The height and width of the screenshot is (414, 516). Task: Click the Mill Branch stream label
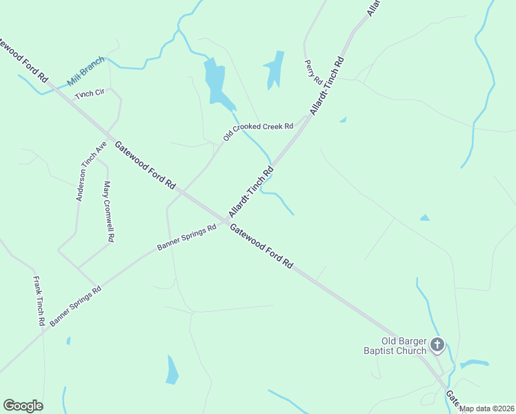point(86,71)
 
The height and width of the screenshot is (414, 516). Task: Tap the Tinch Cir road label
point(89,93)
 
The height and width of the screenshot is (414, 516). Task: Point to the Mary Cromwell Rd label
point(108,211)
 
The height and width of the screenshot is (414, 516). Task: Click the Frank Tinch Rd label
point(39,301)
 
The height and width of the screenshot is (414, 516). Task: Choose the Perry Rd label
point(313,72)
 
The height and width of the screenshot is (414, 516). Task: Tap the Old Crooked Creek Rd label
point(259,131)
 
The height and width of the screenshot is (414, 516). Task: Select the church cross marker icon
point(437,344)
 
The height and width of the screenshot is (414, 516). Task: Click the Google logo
point(23,406)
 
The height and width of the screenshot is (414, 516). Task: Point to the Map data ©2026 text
point(487,408)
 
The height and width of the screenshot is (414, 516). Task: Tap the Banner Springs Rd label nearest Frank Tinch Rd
point(75,305)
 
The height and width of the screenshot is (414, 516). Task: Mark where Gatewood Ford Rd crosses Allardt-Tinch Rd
point(223,219)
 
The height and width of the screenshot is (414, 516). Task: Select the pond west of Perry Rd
point(275,70)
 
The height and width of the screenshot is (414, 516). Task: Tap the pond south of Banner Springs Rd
point(172,370)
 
